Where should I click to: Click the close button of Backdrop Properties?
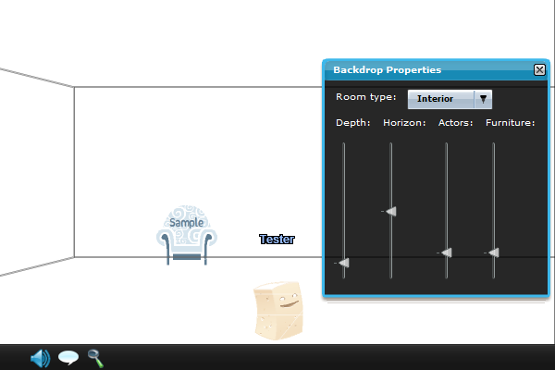[x=539, y=69]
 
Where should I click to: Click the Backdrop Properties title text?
[x=387, y=69]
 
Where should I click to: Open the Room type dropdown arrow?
[x=483, y=98]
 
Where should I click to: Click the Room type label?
[x=365, y=97]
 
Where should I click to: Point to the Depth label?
[x=352, y=122]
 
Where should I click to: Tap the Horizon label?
[x=404, y=122]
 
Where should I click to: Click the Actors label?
[x=455, y=122]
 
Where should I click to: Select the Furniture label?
[x=510, y=122]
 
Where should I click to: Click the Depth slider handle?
[x=344, y=264]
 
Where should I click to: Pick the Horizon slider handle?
[x=391, y=212]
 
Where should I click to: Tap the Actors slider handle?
[x=446, y=253]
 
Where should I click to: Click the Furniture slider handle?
[x=494, y=253]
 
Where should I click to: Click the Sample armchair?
[x=187, y=238]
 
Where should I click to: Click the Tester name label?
[x=277, y=240]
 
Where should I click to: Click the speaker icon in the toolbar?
[x=40, y=358]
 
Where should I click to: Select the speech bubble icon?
[x=68, y=358]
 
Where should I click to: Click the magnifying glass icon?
[x=95, y=357]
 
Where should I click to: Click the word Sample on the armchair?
[x=186, y=223]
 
